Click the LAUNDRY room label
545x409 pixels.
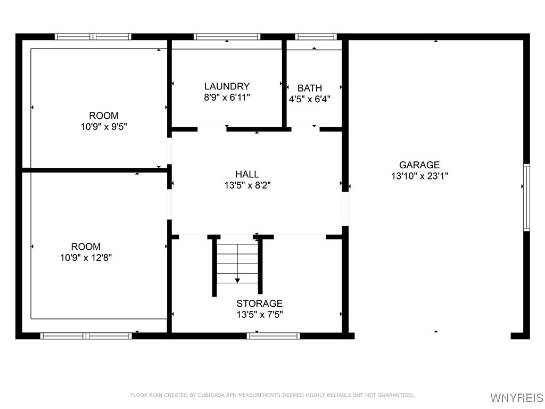click(x=227, y=86)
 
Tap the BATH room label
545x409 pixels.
click(x=309, y=88)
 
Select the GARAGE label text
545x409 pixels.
click(x=419, y=165)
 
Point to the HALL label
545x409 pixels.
click(x=247, y=174)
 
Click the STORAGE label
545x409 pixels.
click(x=259, y=304)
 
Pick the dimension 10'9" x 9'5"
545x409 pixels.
click(x=103, y=127)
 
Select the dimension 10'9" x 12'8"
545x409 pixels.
click(x=86, y=258)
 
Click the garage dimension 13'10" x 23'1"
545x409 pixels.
click(x=419, y=176)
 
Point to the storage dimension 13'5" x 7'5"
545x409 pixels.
click(x=259, y=315)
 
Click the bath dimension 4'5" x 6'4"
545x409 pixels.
click(x=310, y=99)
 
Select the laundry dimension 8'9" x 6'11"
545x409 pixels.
click(x=227, y=97)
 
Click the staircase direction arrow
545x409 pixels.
click(x=237, y=280)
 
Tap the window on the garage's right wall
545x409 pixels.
click(x=526, y=197)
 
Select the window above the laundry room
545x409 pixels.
click(x=227, y=37)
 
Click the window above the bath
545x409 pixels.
click(x=316, y=37)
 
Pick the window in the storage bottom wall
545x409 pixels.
click(x=274, y=336)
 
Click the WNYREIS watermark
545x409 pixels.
click(x=516, y=398)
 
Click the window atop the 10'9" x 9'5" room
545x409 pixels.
click(x=93, y=37)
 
